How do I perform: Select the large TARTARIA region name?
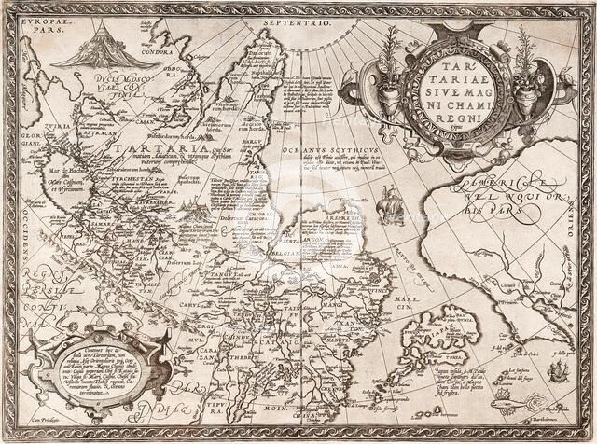coord(140,148)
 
